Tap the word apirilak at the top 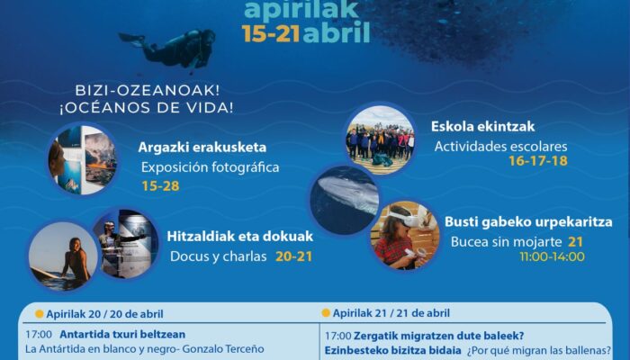coord(301,10)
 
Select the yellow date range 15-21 coord(271,33)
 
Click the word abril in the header coord(337,33)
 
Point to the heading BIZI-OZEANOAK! coord(148,90)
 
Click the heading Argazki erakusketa coord(202,148)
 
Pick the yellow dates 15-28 coord(160,186)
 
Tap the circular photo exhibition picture coord(83,159)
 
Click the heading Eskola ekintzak coord(483,127)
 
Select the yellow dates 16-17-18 coord(538,161)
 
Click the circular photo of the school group coord(380,139)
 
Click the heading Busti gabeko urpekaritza coord(528,222)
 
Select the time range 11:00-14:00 coord(552,256)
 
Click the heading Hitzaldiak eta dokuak coord(240,236)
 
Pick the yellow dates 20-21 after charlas coord(293,256)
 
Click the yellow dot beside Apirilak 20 coord(39,314)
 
